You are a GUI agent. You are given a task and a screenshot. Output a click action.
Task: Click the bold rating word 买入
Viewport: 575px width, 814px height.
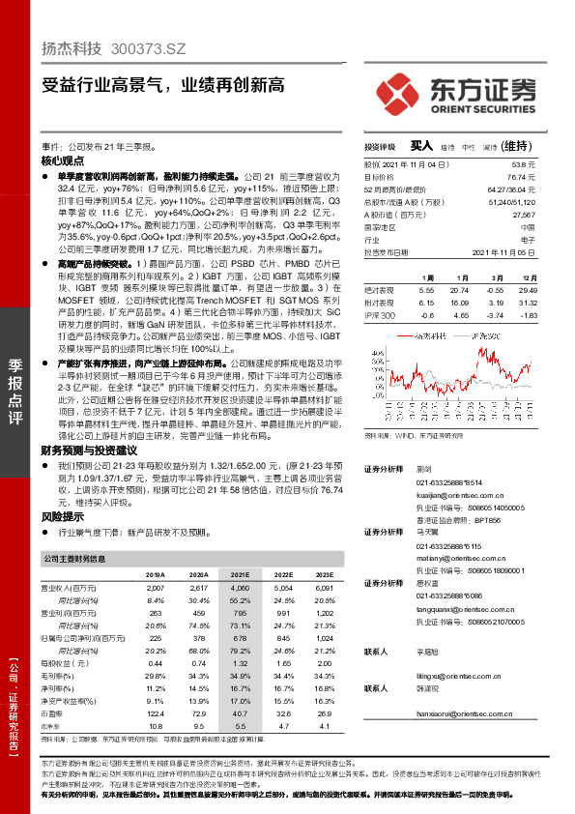421,145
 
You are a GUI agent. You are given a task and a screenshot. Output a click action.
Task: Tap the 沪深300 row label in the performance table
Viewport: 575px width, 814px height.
380,315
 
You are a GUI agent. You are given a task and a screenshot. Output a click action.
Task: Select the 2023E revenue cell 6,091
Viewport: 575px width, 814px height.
323,588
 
